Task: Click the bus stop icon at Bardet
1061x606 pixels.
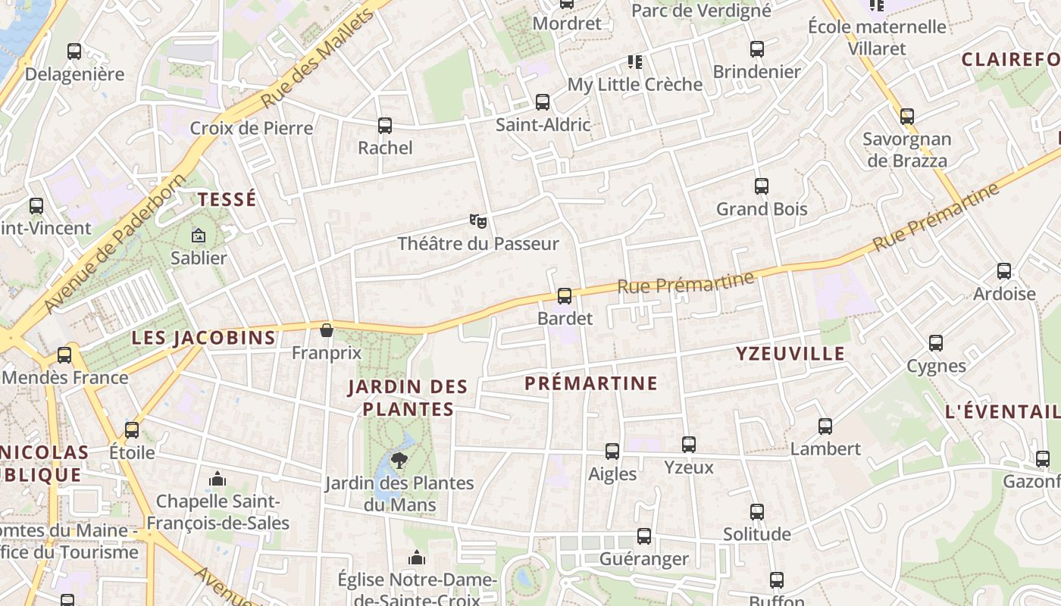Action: (x=564, y=296)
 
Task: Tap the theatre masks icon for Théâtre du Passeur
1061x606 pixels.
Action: (x=477, y=221)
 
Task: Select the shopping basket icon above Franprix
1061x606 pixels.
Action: (x=327, y=330)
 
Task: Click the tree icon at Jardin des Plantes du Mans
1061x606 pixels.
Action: (x=399, y=460)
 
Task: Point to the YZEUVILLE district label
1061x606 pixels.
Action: (x=790, y=354)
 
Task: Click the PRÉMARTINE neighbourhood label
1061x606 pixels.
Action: (x=591, y=383)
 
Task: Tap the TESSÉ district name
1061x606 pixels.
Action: (x=227, y=200)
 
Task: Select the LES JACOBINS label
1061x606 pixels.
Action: (x=203, y=338)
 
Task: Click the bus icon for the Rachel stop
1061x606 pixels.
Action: (x=385, y=126)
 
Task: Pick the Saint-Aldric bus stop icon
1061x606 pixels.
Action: (x=543, y=102)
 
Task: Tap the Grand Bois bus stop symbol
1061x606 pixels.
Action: (x=762, y=186)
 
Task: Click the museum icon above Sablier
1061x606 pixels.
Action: (x=199, y=236)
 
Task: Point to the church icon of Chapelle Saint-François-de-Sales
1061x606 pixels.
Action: (x=218, y=479)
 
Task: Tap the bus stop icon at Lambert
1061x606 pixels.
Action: (x=825, y=426)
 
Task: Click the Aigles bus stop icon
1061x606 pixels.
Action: (x=612, y=451)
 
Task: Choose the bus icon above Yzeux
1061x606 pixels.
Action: (x=689, y=445)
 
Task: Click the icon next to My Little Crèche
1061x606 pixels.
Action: (x=634, y=61)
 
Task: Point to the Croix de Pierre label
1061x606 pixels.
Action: (x=251, y=128)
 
